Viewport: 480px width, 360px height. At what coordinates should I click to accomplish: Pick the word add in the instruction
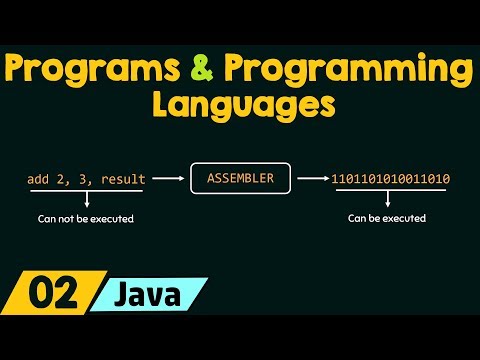[39, 180]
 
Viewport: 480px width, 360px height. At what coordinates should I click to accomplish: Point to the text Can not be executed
[85, 217]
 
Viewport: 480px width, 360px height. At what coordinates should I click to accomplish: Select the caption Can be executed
[387, 217]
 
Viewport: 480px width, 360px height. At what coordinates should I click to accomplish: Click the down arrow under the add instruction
[86, 198]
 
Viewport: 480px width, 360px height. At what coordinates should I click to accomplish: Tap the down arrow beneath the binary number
[387, 198]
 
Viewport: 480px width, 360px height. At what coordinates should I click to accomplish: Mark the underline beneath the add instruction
[86, 190]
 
